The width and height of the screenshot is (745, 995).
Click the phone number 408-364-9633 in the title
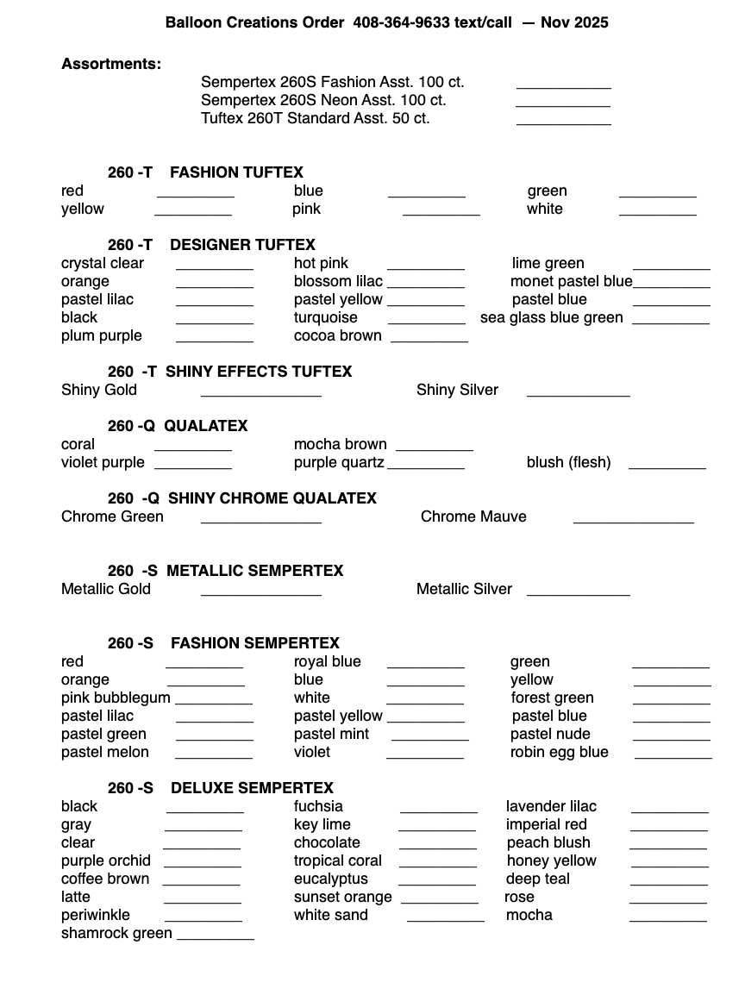pos(401,22)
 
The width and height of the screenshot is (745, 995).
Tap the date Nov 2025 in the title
pos(574,22)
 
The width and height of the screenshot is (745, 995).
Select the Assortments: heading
pos(111,64)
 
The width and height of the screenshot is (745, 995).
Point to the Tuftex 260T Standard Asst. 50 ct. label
pos(315,118)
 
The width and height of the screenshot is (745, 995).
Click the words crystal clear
pos(103,263)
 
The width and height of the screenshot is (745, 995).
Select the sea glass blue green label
pos(551,317)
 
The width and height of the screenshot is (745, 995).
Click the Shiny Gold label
pos(99,390)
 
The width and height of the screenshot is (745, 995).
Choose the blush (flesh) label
pos(568,462)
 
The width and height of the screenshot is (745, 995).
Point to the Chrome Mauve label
pos(473,516)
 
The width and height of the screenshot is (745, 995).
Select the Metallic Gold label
pos(106,589)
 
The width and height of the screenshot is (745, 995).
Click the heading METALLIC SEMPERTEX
pos(254,571)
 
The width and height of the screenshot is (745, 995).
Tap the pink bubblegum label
pos(116,698)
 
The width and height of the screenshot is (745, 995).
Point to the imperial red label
pos(547,824)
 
